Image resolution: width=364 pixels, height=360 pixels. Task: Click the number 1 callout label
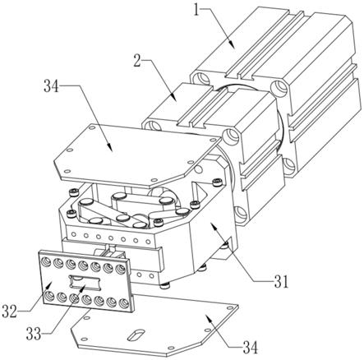click(x=196, y=11)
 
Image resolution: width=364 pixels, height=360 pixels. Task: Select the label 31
click(x=281, y=282)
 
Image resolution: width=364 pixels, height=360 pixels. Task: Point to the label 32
click(x=9, y=311)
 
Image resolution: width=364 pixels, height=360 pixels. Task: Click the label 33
click(x=34, y=334)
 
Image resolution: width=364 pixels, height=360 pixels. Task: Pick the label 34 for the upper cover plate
click(x=51, y=86)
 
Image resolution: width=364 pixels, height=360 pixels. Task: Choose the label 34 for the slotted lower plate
click(x=251, y=348)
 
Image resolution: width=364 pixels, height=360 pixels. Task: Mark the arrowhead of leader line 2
click(x=174, y=98)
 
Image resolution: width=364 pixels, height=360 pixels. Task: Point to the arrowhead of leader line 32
click(x=48, y=286)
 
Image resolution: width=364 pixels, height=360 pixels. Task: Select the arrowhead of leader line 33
click(x=83, y=288)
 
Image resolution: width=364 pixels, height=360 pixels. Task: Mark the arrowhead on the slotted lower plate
click(x=208, y=318)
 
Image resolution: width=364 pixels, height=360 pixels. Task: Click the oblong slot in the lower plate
click(x=136, y=335)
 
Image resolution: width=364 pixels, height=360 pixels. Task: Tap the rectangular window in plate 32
click(x=85, y=282)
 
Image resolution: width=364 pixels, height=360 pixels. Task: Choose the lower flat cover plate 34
click(x=154, y=327)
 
